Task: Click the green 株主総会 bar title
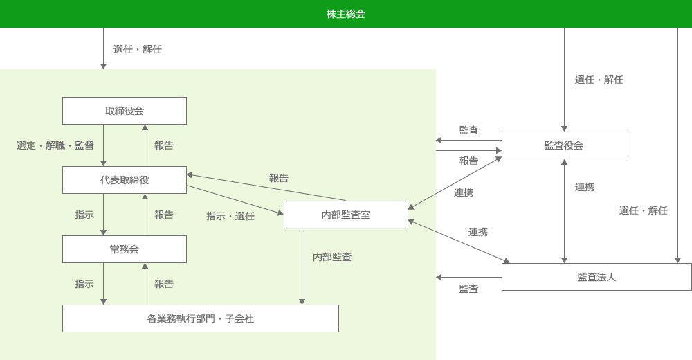[346, 14]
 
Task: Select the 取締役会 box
[125, 111]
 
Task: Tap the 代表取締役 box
[125, 180]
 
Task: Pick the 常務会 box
[125, 249]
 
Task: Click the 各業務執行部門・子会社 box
[201, 318]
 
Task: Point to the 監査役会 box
[564, 145]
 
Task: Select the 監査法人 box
[597, 277]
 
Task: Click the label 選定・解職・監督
[55, 145]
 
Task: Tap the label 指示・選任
[230, 216]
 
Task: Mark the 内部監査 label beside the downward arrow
[332, 257]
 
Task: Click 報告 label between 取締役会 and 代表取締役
[164, 145]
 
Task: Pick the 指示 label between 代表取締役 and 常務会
[84, 215]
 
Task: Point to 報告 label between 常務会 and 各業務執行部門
[164, 284]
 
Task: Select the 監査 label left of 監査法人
[468, 289]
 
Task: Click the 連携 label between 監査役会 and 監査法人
[585, 187]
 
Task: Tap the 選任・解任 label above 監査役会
[599, 80]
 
